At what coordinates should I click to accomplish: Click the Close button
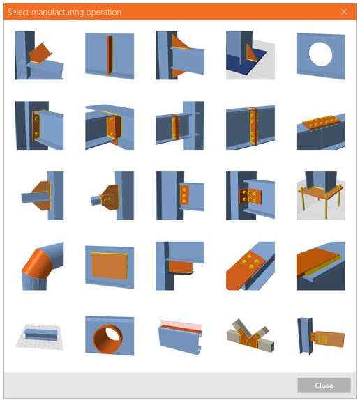pos(324,385)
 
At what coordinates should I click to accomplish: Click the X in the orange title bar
pos(344,12)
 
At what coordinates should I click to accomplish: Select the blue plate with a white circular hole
pos(321,56)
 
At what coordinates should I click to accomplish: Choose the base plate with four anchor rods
pos(321,196)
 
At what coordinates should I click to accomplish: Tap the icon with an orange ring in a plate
pos(110,336)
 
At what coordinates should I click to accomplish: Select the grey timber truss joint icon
pos(250,335)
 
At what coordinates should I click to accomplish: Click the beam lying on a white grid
pos(39,337)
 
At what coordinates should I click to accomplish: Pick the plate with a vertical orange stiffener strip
pos(110,56)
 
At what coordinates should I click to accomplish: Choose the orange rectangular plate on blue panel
pos(110,267)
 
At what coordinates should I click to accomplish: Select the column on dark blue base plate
pos(250,56)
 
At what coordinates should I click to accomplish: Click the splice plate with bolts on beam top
pos(321,131)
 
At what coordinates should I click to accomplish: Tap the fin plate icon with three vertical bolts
pos(180,196)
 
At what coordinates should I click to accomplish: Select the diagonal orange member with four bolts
pos(250,266)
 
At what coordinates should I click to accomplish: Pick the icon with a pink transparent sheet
pos(180,335)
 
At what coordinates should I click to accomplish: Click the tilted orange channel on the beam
pos(39,56)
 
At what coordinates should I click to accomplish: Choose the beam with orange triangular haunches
pos(180,56)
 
